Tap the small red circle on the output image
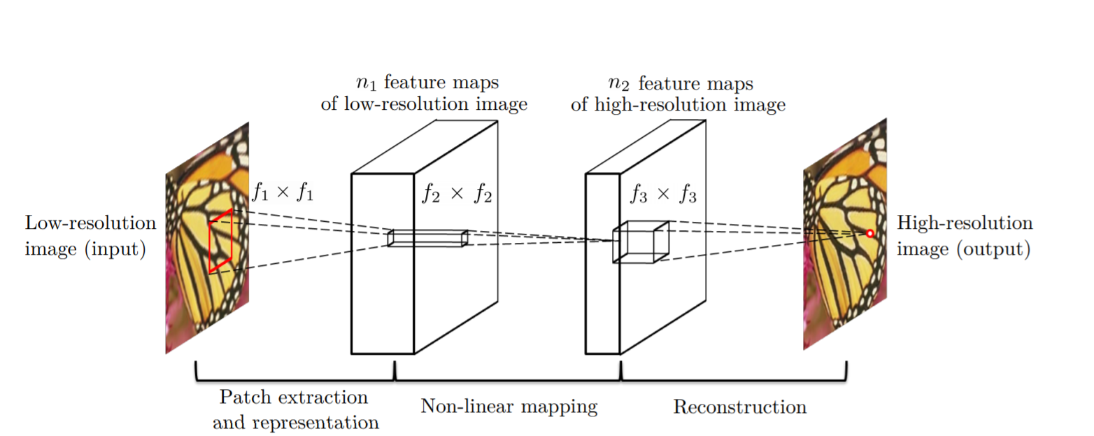click(870, 233)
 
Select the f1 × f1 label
click(282, 192)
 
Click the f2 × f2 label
click(456, 195)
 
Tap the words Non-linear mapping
click(509, 407)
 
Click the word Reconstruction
click(739, 407)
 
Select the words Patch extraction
click(293, 398)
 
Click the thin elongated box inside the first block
click(427, 238)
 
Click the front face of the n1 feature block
click(382, 294)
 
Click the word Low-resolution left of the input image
click(90, 224)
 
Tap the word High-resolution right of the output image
click(964, 224)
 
